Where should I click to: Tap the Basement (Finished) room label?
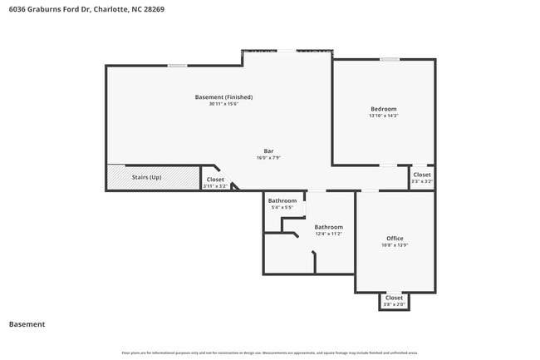click(x=223, y=97)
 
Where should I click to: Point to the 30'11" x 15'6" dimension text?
click(x=223, y=105)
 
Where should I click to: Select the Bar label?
click(x=269, y=150)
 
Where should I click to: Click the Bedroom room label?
click(x=383, y=109)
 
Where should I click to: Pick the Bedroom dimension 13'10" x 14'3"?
click(x=383, y=116)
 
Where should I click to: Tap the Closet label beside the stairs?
click(x=215, y=180)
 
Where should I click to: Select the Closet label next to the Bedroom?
click(x=422, y=175)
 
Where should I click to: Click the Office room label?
click(x=395, y=238)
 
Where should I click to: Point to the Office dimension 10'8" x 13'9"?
click(x=395, y=245)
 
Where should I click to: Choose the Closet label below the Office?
click(x=394, y=298)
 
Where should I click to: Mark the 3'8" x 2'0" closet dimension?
click(x=394, y=305)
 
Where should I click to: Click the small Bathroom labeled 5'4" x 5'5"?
click(x=282, y=200)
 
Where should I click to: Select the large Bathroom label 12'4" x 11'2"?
click(x=328, y=227)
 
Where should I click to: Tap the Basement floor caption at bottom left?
click(x=27, y=324)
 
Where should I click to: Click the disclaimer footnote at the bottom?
click(x=270, y=353)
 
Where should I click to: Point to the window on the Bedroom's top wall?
click(x=389, y=59)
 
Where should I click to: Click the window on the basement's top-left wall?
click(x=177, y=66)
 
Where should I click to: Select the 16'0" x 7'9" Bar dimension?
click(x=269, y=158)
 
